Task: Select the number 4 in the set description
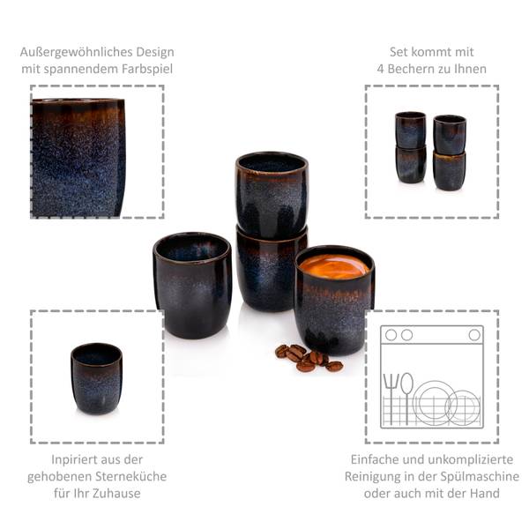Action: [376, 69]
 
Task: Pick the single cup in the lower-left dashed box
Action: [96, 378]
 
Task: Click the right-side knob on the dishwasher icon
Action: [474, 335]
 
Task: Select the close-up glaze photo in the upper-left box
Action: [78, 156]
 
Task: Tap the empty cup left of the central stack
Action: [192, 283]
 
